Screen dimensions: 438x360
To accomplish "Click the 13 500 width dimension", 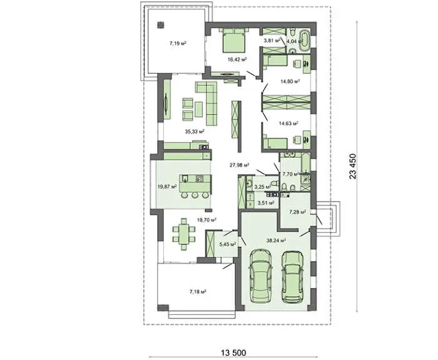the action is (x=234, y=352).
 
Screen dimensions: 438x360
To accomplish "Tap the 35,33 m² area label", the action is (x=195, y=131).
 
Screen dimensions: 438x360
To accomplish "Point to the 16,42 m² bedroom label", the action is (x=237, y=59).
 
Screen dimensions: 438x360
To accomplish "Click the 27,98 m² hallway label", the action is (x=240, y=165).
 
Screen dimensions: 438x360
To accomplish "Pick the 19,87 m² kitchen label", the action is (x=167, y=187).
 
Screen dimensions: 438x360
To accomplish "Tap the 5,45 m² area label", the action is (x=228, y=244).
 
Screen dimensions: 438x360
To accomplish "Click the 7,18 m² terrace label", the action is (x=198, y=292).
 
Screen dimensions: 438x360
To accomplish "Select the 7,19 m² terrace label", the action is (x=178, y=43).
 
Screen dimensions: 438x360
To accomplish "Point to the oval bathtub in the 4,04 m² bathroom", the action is (x=305, y=41).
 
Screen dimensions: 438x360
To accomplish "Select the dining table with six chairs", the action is (x=183, y=234).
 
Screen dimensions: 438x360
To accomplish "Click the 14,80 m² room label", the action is (x=290, y=81).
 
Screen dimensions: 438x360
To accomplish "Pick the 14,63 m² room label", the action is (x=288, y=123).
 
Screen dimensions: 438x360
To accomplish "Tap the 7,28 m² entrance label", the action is (x=297, y=212).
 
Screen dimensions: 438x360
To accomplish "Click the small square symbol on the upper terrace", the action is (x=161, y=25).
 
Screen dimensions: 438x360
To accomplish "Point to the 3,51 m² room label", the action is (x=266, y=203).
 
